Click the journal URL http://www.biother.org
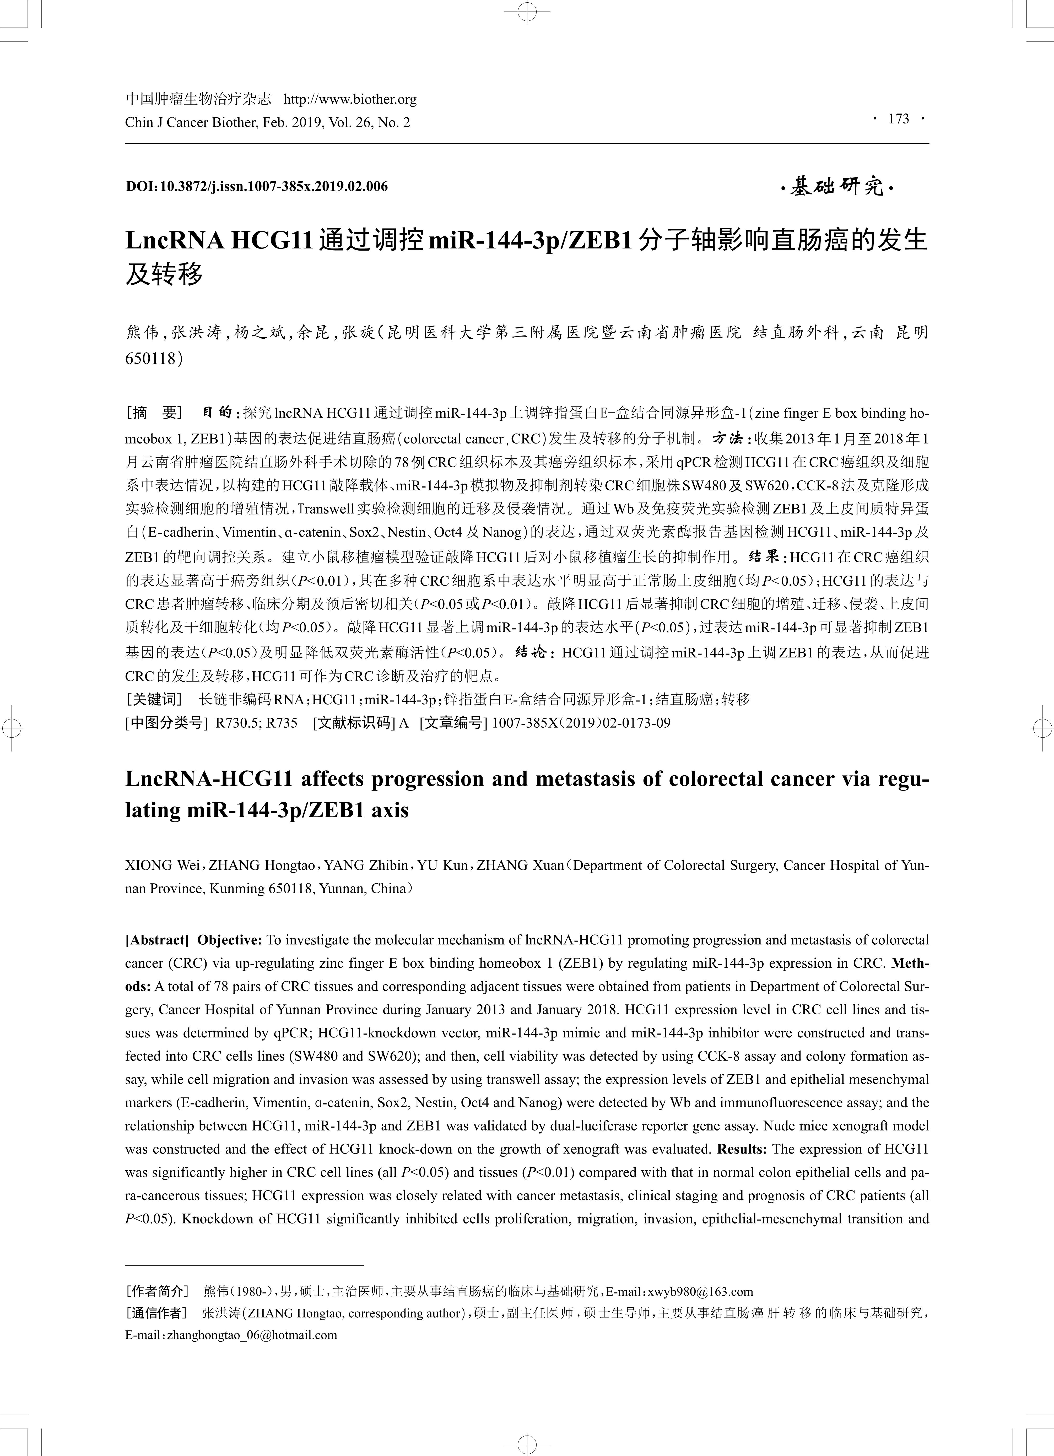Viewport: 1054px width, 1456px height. point(350,100)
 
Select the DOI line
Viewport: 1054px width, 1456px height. point(257,187)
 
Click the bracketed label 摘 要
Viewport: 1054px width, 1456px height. point(155,413)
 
